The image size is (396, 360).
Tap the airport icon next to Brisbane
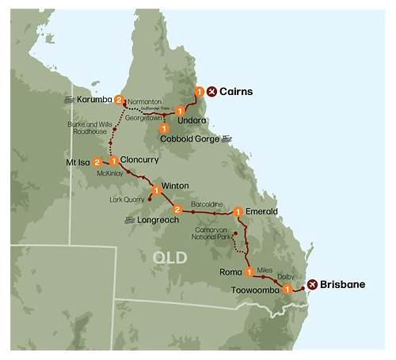coord(312,284)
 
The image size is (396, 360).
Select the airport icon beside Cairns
coord(211,92)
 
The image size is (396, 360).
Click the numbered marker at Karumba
coord(119,100)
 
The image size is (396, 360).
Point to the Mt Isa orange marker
coord(97,161)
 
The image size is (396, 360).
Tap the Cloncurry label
coord(141,157)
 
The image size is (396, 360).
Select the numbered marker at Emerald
coord(237,211)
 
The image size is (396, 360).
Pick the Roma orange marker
coord(249,273)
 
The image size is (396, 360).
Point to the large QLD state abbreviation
coord(170,257)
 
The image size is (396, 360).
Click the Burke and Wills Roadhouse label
coord(94,129)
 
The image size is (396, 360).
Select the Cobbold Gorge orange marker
coord(164,127)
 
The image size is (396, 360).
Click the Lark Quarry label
coord(127,200)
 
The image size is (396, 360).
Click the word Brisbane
coord(343,284)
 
